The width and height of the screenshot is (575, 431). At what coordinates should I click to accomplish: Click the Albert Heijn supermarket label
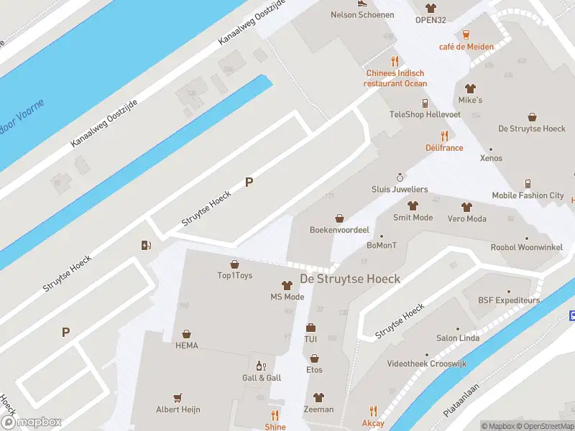[178, 409]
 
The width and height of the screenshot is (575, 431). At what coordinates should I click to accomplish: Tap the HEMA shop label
[186, 346]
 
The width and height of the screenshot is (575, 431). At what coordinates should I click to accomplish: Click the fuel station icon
[147, 245]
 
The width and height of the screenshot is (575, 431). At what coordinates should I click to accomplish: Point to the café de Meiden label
[466, 47]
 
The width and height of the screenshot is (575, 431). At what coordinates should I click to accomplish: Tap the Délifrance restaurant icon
[444, 136]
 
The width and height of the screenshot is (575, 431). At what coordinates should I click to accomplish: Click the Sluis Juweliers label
[400, 189]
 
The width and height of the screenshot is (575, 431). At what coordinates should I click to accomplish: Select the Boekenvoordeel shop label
[339, 230]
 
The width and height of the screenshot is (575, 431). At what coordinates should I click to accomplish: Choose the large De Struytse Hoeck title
[350, 279]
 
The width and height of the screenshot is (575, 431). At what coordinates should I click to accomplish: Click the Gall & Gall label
[262, 378]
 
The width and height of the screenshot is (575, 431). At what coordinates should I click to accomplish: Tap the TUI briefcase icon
[311, 328]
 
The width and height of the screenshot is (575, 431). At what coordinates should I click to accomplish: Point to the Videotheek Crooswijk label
[426, 364]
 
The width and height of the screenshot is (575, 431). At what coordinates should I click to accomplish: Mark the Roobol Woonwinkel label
[526, 247]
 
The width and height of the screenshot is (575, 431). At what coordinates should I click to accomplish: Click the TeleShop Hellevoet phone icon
[425, 103]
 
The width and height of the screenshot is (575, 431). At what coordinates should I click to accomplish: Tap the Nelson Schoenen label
[362, 14]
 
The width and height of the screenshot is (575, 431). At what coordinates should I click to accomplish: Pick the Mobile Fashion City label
[528, 195]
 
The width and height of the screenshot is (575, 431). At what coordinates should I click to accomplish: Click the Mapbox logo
[31, 422]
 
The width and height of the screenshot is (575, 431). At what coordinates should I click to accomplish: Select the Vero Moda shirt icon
[466, 207]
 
